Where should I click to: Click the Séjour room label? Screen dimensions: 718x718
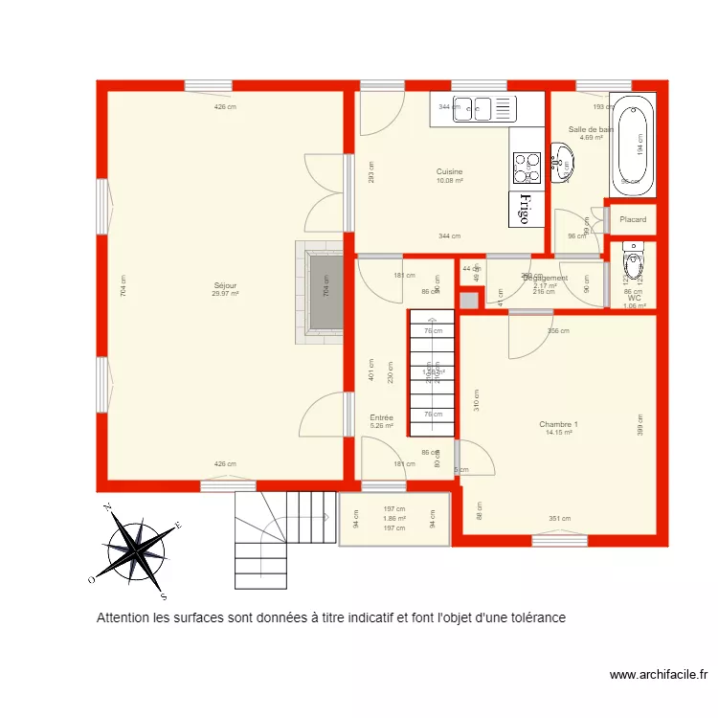226,285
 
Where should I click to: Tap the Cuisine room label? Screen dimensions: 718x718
450,172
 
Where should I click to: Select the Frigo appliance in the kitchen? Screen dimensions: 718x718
525,209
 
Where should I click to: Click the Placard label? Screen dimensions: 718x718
633,219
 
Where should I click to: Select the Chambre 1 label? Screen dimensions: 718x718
558,424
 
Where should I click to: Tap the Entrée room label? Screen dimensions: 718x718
382,417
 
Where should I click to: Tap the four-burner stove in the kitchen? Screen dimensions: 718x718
525,168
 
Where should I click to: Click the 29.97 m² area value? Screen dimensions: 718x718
226,294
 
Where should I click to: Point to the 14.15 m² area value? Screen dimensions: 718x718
558,433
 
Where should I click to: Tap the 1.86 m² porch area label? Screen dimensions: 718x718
394,518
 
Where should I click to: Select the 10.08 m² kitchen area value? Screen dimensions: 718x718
450,181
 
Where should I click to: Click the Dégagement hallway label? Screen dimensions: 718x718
546,279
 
